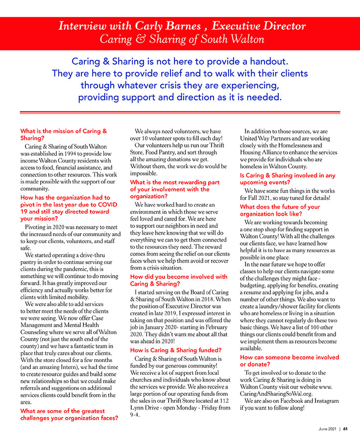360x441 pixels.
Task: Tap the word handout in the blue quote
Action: click(x=265, y=62)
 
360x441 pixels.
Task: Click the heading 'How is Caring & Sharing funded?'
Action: click(x=176, y=350)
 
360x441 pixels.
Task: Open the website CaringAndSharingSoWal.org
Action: click(x=277, y=393)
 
